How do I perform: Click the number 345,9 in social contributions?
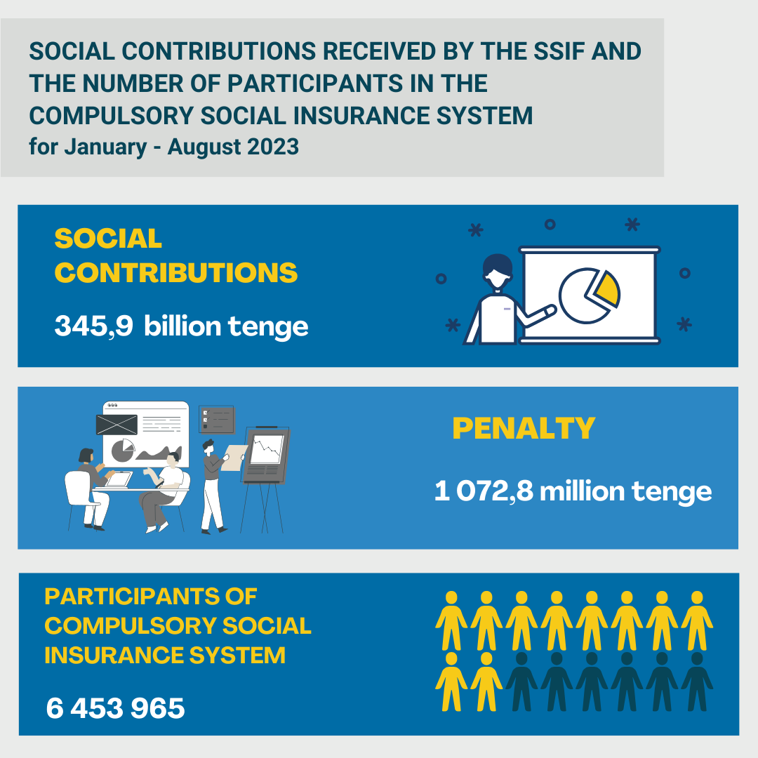pos(94,326)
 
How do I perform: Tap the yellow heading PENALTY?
pos(524,428)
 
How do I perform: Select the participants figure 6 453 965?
pos(116,708)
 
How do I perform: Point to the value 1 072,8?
pos(484,491)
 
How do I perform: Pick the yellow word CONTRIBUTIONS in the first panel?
pos(176,273)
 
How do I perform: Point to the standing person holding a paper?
pos(211,484)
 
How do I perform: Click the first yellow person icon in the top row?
pos(451,620)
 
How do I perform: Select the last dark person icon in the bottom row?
pos(697,681)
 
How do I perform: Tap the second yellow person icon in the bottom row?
pos(486,681)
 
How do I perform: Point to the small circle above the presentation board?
pos(550,224)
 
